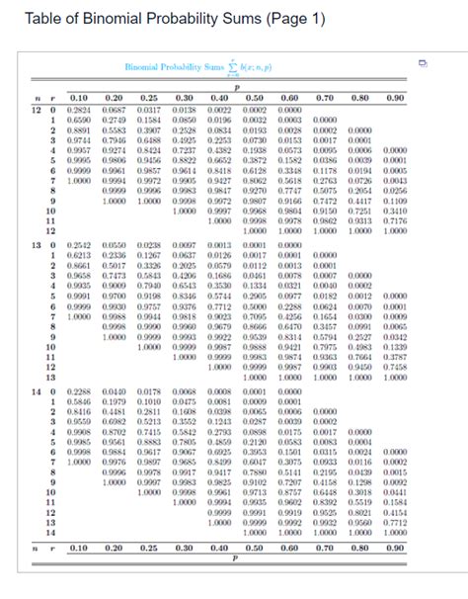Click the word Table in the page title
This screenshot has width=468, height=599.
tap(40, 19)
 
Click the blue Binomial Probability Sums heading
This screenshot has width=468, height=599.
tap(183, 66)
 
